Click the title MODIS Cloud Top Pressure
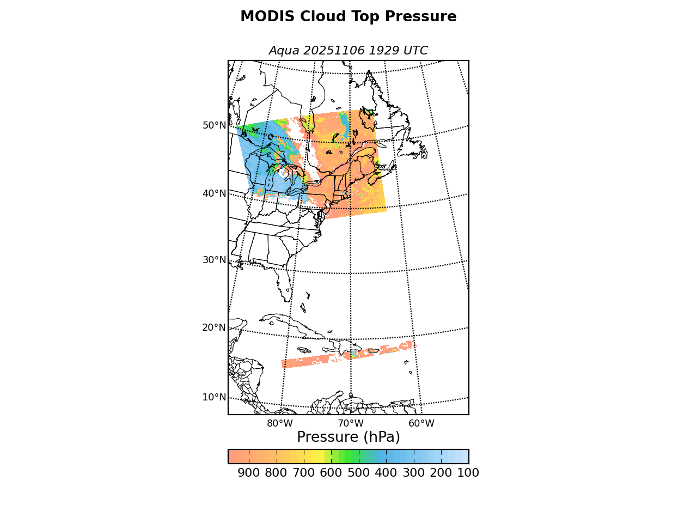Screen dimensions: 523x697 [x=348, y=17]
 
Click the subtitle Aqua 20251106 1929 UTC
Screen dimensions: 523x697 [x=348, y=51]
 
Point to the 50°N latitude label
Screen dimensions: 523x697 [x=214, y=125]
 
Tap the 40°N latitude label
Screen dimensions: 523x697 [x=214, y=193]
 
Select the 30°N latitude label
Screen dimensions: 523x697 [x=214, y=260]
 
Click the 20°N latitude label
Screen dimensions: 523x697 [x=214, y=327]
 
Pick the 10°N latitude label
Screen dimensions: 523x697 [x=214, y=397]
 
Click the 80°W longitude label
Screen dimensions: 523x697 [x=280, y=423]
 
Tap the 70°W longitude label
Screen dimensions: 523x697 [x=351, y=423]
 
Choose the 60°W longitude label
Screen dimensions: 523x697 [x=421, y=423]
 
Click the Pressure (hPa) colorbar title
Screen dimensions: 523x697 [x=348, y=437]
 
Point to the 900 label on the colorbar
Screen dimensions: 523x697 [x=249, y=473]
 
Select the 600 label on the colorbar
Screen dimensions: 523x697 [x=331, y=473]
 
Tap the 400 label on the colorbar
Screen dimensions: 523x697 [x=386, y=473]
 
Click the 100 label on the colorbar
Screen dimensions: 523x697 [x=468, y=473]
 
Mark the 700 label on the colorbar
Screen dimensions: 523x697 [x=304, y=473]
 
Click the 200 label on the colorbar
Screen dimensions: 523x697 [x=441, y=473]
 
